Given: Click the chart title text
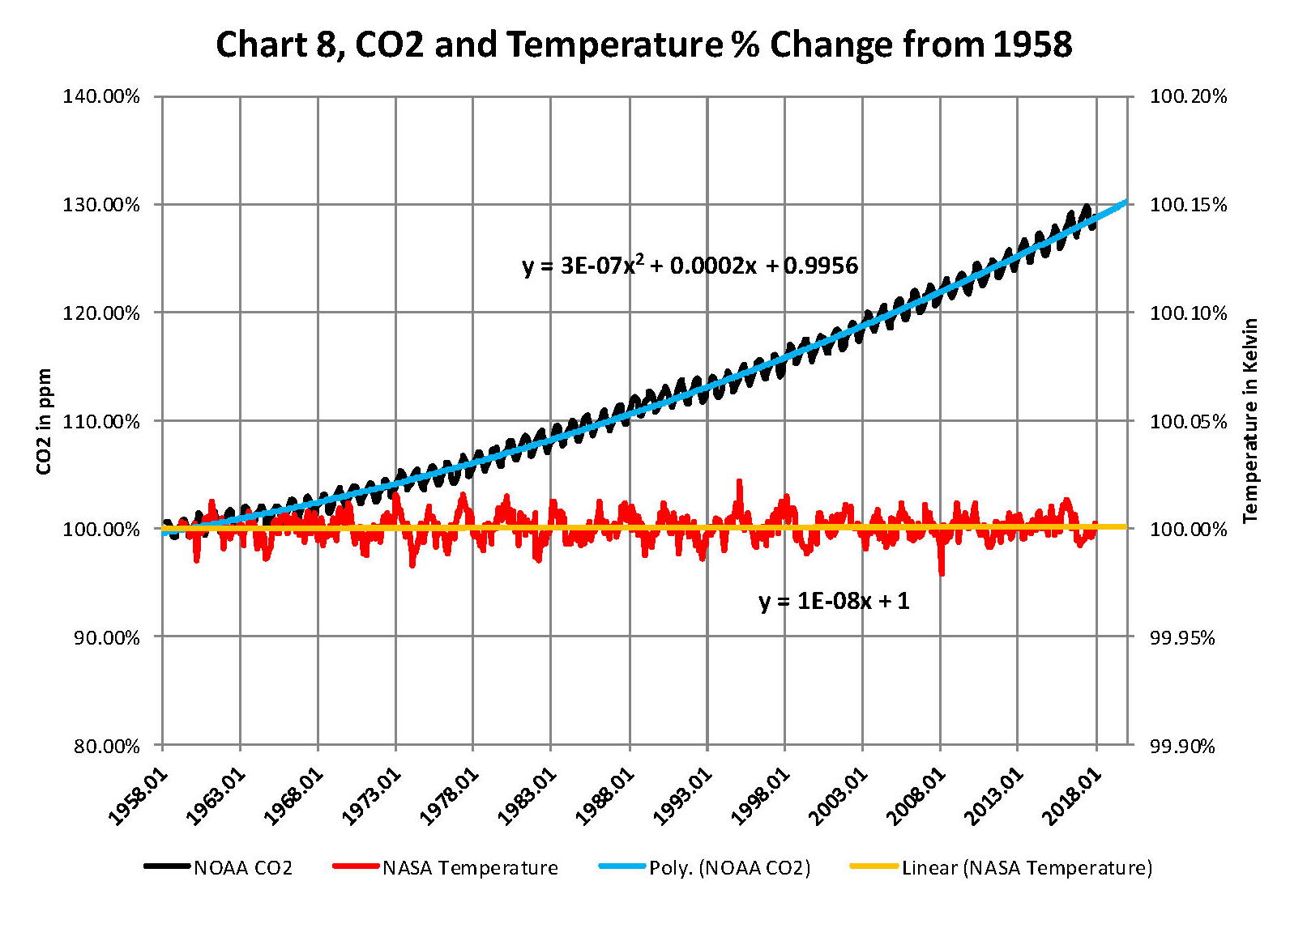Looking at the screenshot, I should click(644, 45).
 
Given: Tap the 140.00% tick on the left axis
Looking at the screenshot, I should click(101, 96).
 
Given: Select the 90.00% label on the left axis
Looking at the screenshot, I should click(101, 637).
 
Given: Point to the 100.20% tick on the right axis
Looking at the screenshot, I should click(1188, 96).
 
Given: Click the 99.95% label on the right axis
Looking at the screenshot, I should click(1182, 637).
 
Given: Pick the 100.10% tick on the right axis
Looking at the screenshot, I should click(1188, 313).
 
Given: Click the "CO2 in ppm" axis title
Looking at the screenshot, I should click(44, 421).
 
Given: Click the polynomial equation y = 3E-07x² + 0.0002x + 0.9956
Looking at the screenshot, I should click(690, 265).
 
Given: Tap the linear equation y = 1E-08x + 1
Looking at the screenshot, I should click(834, 601).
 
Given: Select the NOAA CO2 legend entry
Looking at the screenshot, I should click(219, 868).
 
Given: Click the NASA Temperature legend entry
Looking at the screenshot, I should click(446, 868).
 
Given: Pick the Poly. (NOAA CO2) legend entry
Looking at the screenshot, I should click(705, 868).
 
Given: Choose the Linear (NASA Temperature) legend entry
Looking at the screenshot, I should click(1002, 868).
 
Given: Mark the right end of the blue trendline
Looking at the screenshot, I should click(1126, 202).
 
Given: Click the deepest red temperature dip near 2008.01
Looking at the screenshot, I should click(941, 573).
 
